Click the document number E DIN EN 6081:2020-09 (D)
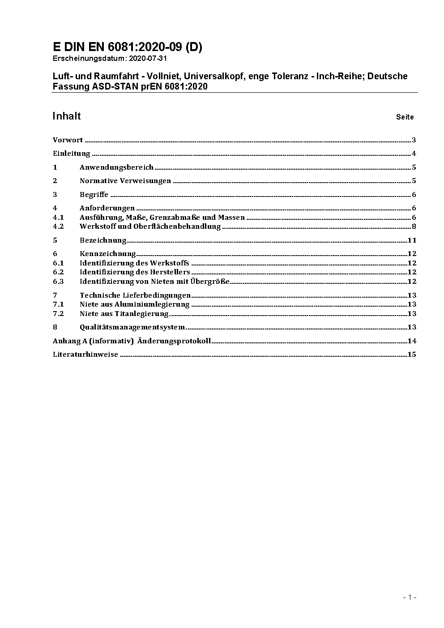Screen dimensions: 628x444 tap(127, 47)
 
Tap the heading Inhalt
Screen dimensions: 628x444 tap(67, 116)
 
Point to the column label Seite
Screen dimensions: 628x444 tap(405, 117)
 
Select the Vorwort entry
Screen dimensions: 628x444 tap(68, 140)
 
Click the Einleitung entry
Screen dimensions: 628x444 tap(72, 154)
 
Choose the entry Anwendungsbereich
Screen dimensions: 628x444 tap(116, 167)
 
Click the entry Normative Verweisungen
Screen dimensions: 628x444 tap(125, 181)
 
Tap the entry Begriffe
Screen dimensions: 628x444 tap(94, 195)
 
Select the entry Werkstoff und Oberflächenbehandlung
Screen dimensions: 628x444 tap(150, 226)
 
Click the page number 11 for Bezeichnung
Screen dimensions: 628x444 tap(412, 240)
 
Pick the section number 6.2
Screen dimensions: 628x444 tap(58, 272)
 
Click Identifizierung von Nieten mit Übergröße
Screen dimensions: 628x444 tap(154, 282)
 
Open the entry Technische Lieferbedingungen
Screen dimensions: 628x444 tap(135, 295)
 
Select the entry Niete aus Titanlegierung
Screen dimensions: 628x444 tap(124, 314)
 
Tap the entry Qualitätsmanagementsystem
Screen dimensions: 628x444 tap(132, 327)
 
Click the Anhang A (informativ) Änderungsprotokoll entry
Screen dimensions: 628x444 tap(132, 341)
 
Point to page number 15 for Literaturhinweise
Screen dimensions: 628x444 tap(412, 355)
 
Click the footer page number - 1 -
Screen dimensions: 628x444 tap(410, 597)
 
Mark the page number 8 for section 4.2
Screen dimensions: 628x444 tap(414, 226)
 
